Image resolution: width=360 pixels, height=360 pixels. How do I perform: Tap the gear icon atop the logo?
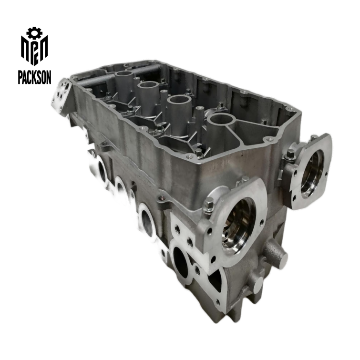[x=33, y=32]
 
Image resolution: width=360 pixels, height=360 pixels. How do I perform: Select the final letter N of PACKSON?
[x=48, y=77]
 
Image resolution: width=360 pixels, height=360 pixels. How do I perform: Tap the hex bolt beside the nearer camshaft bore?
[x=208, y=206]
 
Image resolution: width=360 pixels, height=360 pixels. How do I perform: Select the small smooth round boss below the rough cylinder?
[x=257, y=285]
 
